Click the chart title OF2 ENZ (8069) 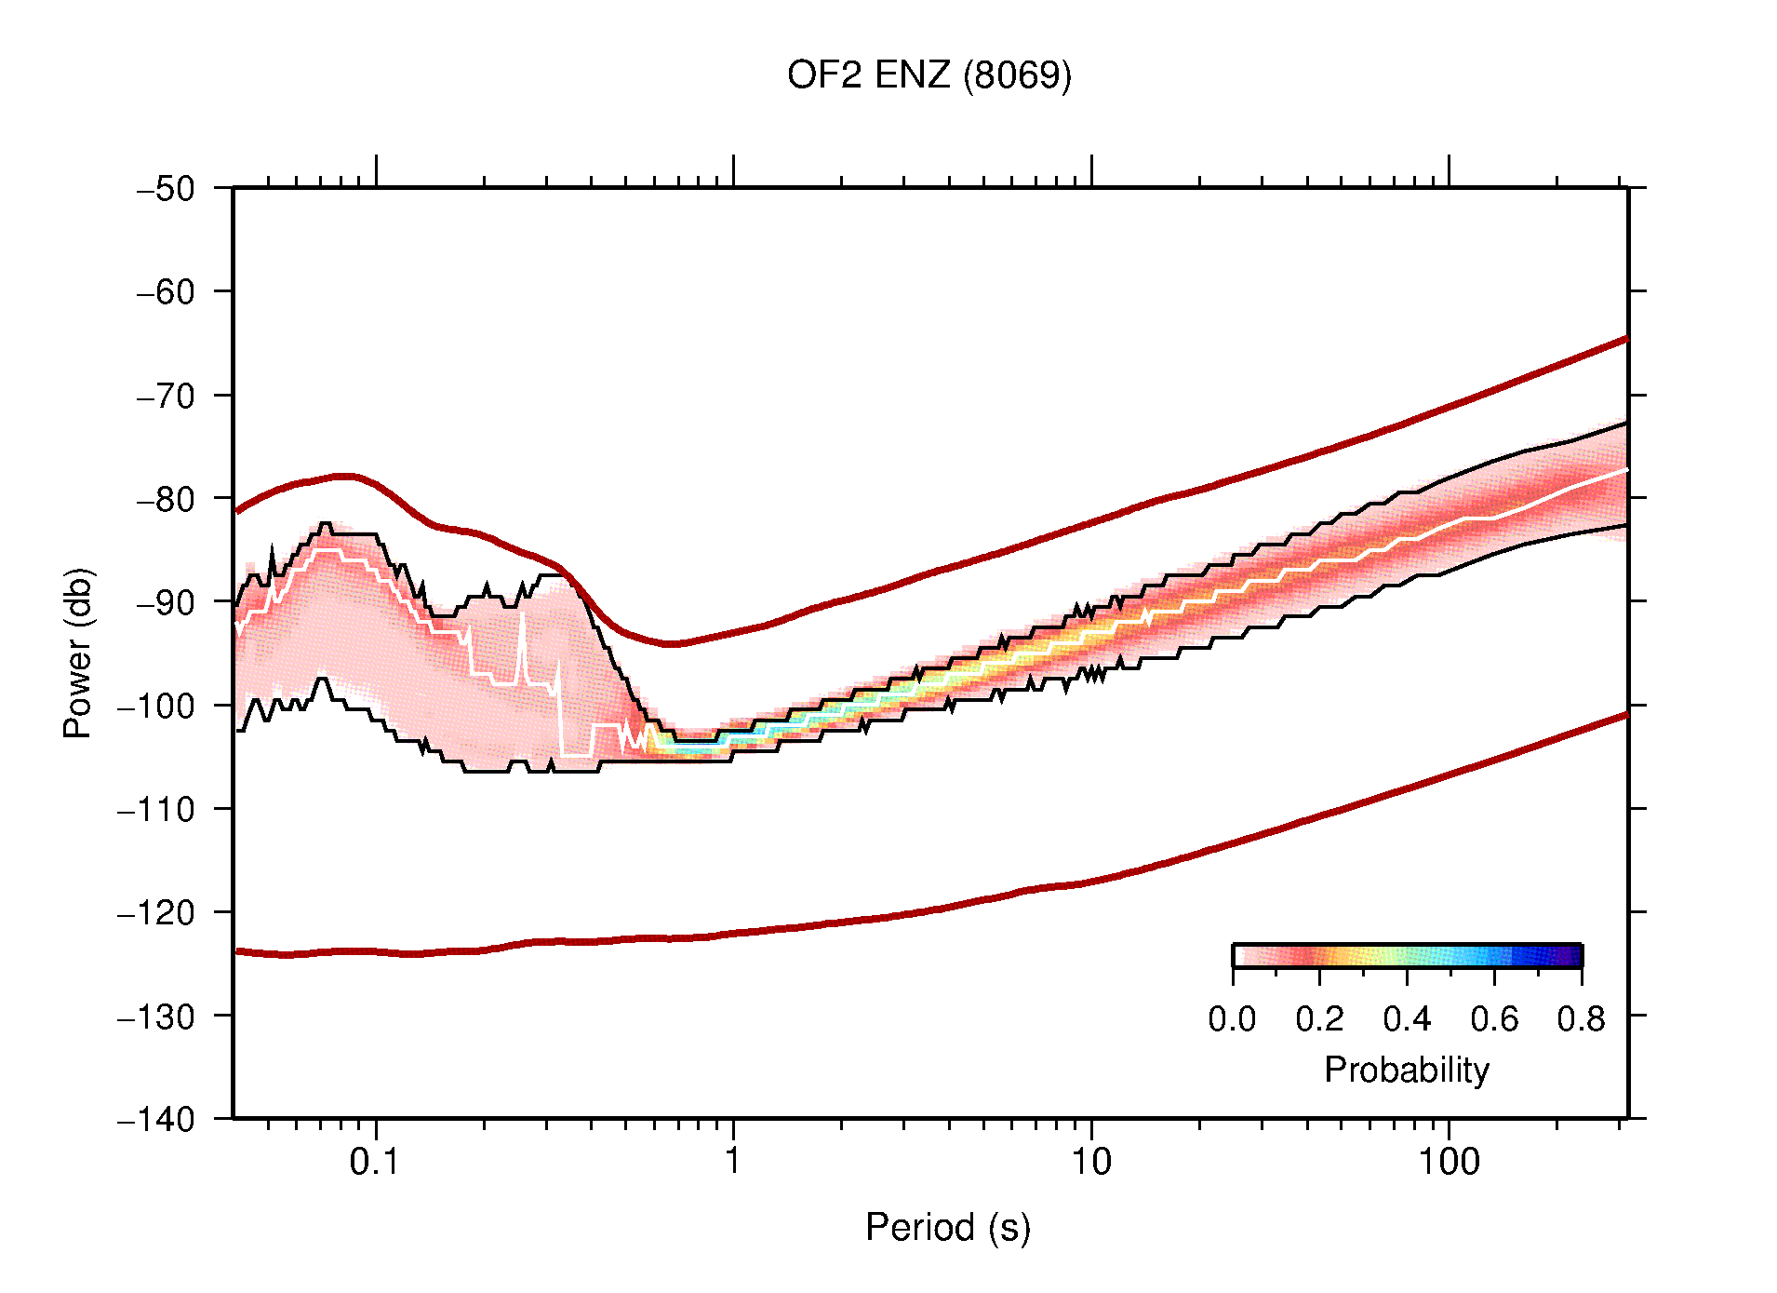tap(929, 75)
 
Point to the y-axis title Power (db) tap(78, 653)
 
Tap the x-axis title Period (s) tap(947, 1228)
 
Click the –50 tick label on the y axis tap(166, 189)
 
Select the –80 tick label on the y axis tap(166, 499)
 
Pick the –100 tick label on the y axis tap(156, 706)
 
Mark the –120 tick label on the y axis tap(156, 912)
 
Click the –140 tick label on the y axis tap(156, 1119)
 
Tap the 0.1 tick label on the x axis tap(375, 1163)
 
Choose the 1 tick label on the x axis tap(733, 1163)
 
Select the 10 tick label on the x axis tap(1090, 1163)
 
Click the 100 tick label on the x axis tap(1448, 1163)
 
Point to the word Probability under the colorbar tap(1406, 1071)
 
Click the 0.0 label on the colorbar tap(1232, 1020)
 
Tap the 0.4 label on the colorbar tap(1407, 1020)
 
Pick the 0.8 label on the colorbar tap(1581, 1020)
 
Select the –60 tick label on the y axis tap(166, 292)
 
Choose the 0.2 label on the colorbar tap(1319, 1020)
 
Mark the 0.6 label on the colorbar tap(1494, 1020)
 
